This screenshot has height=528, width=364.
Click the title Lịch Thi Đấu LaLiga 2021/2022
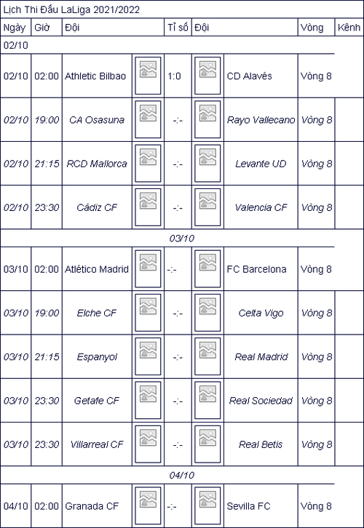pyautogui.click(x=71, y=9)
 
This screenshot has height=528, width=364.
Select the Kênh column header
pyautogui.click(x=349, y=28)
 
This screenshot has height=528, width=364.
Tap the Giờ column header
pyautogui.click(x=41, y=28)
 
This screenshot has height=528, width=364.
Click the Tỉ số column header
pyautogui.click(x=178, y=28)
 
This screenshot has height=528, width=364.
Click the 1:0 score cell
pyautogui.click(x=174, y=76)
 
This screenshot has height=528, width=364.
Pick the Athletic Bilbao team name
pyautogui.click(x=95, y=76)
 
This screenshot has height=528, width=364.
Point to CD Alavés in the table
pyautogui.click(x=250, y=76)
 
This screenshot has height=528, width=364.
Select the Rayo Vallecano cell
pyautogui.click(x=261, y=120)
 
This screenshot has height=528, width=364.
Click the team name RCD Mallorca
pyautogui.click(x=97, y=164)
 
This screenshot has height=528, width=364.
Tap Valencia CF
pyautogui.click(x=261, y=207)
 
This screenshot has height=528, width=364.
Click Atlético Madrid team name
pyautogui.click(x=97, y=269)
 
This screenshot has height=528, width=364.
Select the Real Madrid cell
pyautogui.click(x=261, y=357)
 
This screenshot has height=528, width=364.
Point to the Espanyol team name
pyautogui.click(x=97, y=357)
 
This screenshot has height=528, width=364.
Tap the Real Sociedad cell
pyautogui.click(x=261, y=401)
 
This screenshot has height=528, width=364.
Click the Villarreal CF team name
pyautogui.click(x=97, y=444)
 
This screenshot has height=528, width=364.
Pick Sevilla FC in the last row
pyautogui.click(x=249, y=506)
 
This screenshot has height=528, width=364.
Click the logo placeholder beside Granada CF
pyautogui.click(x=148, y=505)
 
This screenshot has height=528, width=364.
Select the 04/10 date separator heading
pyautogui.click(x=182, y=475)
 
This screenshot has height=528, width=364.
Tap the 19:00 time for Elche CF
pyautogui.click(x=47, y=313)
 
